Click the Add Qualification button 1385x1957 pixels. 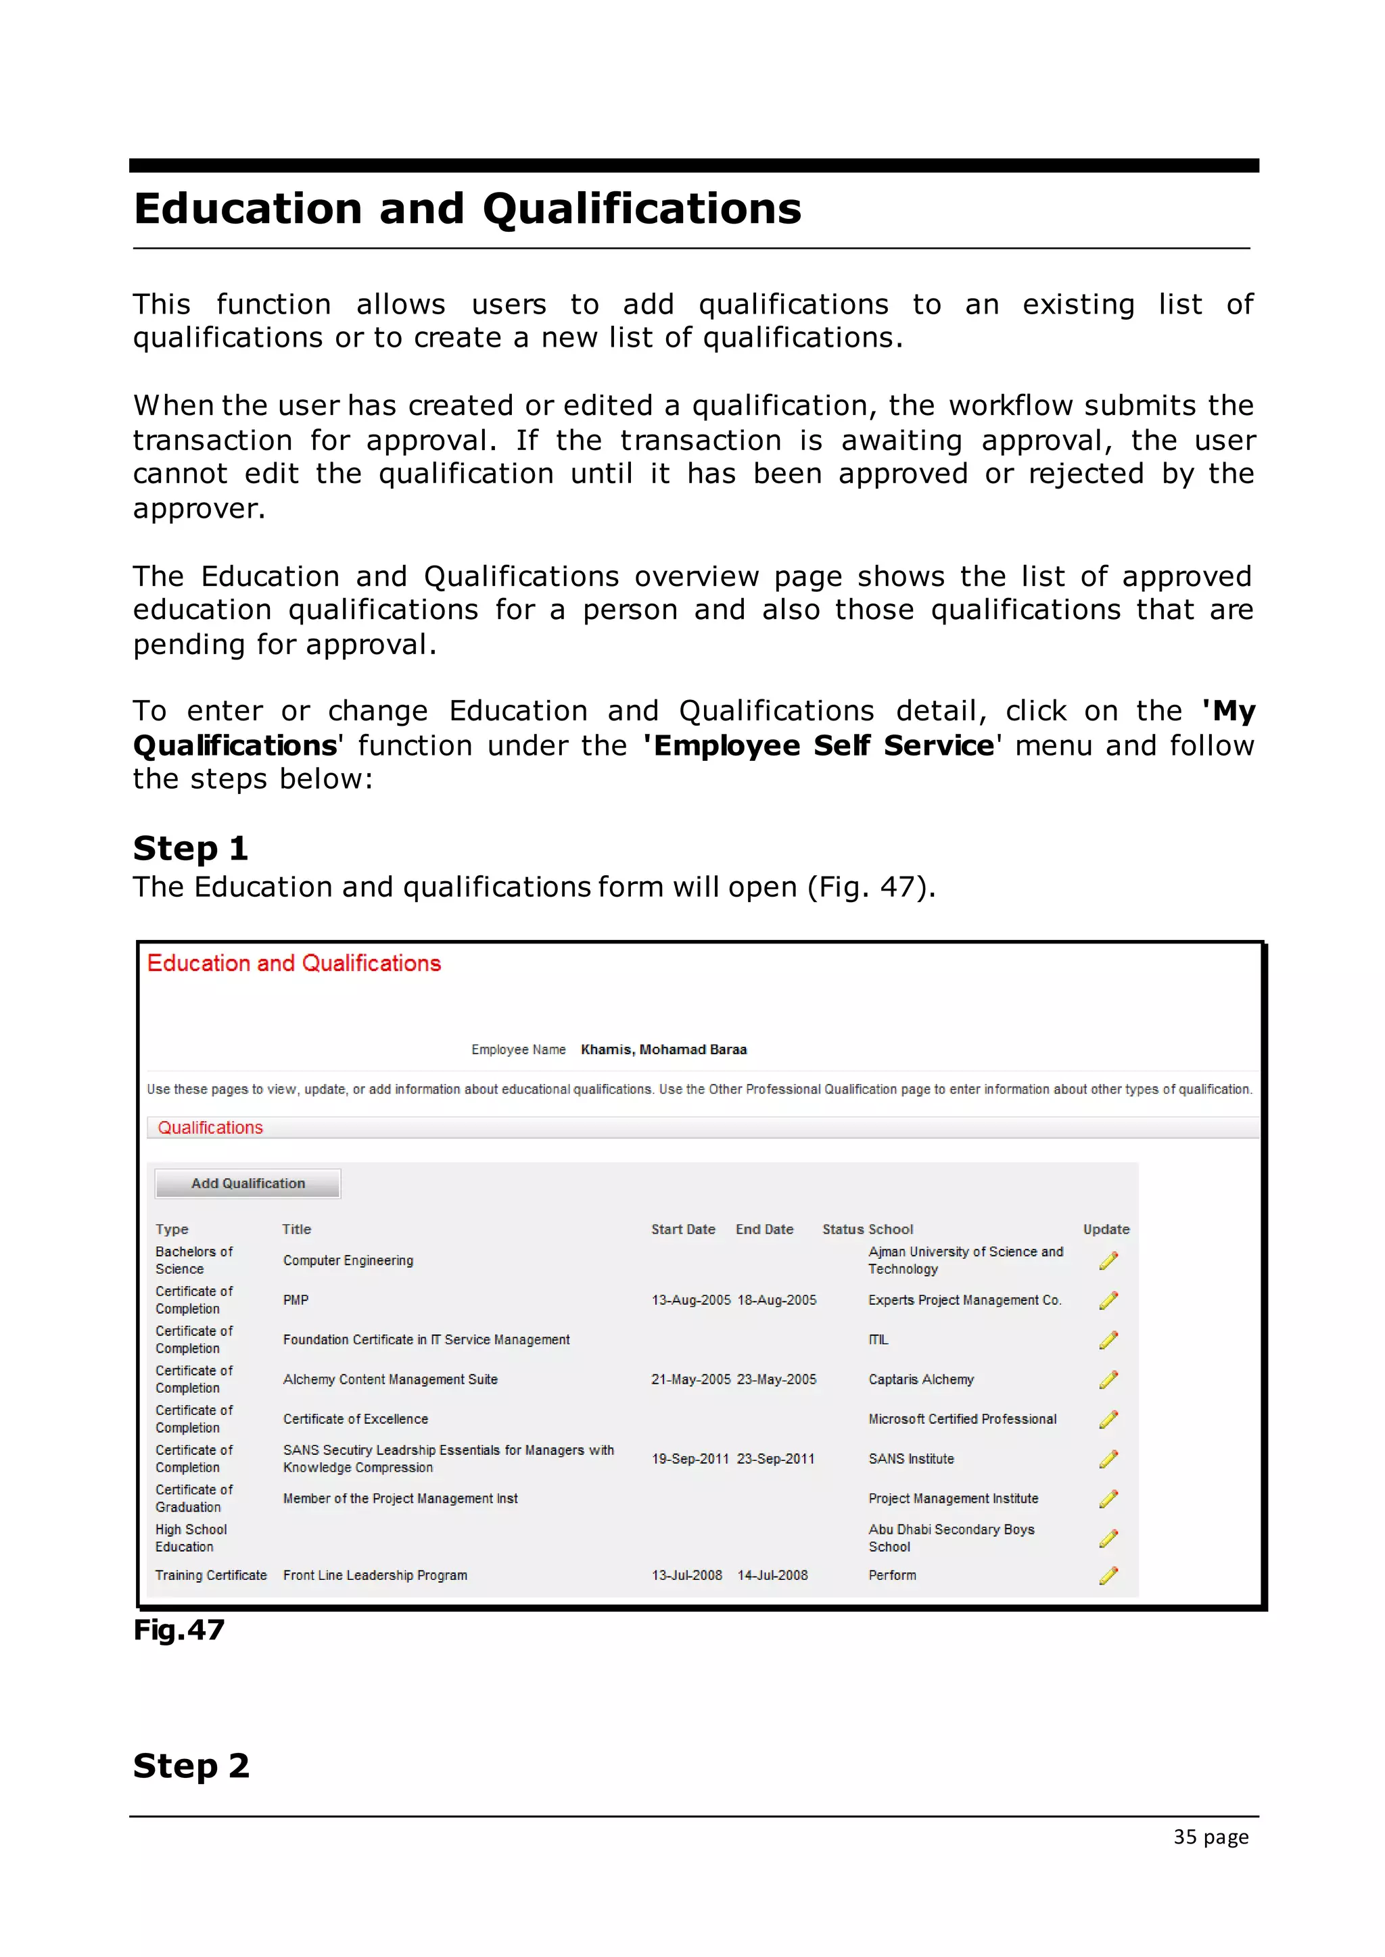[248, 1183]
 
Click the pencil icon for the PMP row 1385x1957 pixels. [1108, 1300]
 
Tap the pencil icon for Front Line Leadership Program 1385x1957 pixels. [1108, 1575]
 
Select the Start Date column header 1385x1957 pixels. [682, 1229]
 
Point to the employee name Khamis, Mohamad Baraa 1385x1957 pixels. [663, 1049]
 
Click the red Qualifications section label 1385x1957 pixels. [210, 1128]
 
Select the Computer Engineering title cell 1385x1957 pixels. [348, 1260]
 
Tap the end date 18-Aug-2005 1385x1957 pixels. [776, 1300]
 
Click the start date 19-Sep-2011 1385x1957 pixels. [690, 1458]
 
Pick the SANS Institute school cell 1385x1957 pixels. [911, 1458]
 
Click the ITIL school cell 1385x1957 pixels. [878, 1340]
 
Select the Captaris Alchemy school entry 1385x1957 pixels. [920, 1379]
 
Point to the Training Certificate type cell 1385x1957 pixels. [210, 1575]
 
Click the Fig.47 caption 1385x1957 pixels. [179, 1630]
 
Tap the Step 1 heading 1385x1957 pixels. [190, 848]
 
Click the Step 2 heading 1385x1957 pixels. [191, 1765]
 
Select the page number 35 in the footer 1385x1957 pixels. [1185, 1837]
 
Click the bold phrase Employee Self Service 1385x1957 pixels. [823, 746]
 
